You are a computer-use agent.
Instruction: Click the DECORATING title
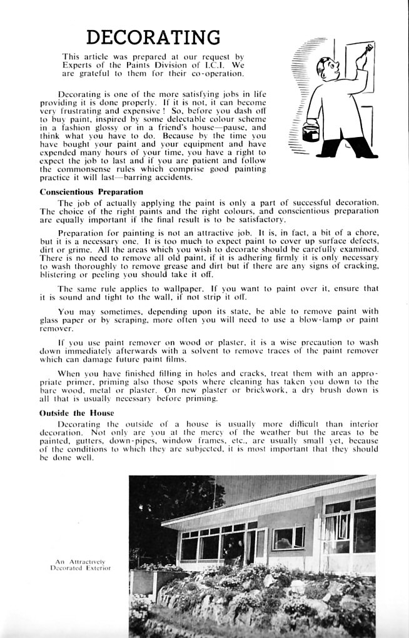pyautogui.click(x=153, y=37)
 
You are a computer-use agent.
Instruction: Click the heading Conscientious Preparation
pyautogui.click(x=91, y=192)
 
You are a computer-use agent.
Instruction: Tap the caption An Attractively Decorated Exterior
pyautogui.click(x=83, y=566)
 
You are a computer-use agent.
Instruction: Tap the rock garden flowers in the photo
pyautogui.click(x=250, y=594)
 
